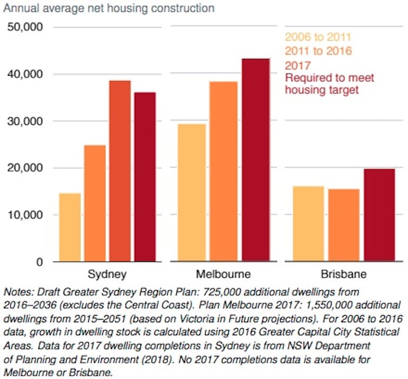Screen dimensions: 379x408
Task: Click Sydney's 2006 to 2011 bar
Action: pos(70,228)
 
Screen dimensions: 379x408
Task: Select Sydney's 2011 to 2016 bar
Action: pos(95,204)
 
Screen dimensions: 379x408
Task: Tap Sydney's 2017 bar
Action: pos(120,171)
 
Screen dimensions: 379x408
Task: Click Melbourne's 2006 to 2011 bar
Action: pos(192,193)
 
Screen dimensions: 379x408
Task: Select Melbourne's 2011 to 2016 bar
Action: pos(223,172)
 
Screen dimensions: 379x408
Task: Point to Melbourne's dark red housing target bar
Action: pos(255,160)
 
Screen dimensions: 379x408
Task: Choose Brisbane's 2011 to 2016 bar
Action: pos(343,225)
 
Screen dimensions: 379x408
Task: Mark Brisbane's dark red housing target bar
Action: pos(379,215)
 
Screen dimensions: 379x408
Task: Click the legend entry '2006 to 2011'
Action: pos(318,37)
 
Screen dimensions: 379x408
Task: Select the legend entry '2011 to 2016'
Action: pos(318,51)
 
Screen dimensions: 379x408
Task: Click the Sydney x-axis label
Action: pos(107,274)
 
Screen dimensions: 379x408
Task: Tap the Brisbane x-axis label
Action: pos(343,274)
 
